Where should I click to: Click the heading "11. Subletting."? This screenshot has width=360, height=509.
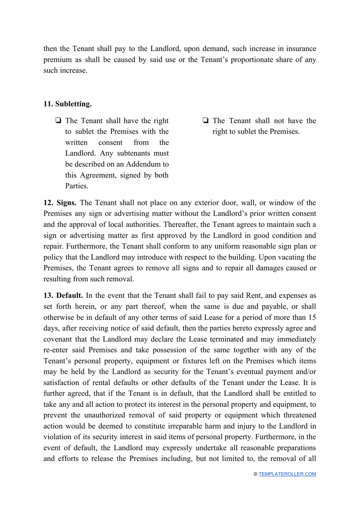coord(67,104)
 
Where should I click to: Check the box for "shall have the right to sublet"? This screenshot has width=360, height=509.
coord(58,121)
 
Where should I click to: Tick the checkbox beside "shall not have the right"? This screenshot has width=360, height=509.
coord(205,121)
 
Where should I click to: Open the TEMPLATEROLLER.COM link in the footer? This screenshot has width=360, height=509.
coord(287,474)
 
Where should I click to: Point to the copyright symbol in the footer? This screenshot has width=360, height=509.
coord(255,474)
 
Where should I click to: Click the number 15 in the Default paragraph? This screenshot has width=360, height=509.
coord(312,318)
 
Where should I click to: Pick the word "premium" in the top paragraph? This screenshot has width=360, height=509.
coord(57,60)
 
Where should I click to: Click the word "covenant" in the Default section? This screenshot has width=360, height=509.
coord(58,339)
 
